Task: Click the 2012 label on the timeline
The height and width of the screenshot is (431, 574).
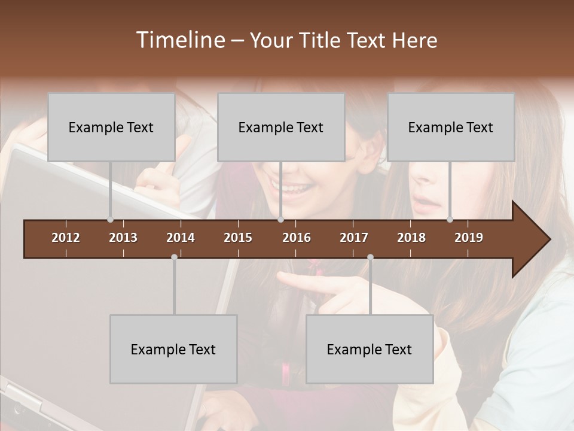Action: coord(66,238)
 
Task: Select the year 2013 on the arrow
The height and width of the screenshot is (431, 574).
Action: coord(123,238)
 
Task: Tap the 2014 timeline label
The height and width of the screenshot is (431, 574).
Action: coord(181,238)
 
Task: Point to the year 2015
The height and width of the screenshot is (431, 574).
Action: coord(238,238)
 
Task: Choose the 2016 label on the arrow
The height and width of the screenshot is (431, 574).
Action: coord(297,238)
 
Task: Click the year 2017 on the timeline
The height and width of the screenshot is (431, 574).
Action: coord(354,238)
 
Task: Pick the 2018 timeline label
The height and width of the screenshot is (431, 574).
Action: coord(411,238)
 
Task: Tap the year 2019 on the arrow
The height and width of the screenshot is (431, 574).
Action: coord(469,238)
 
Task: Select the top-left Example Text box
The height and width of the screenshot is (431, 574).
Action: coord(111,127)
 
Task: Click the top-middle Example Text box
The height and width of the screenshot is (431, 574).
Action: coord(281,127)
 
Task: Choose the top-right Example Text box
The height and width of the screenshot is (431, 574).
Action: coord(451,127)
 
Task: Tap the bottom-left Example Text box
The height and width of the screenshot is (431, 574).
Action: coord(173,349)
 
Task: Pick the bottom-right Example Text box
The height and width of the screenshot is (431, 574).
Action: coord(370,349)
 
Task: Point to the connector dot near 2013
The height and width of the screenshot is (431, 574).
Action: coord(111,220)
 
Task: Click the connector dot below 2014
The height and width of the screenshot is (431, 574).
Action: coord(174,257)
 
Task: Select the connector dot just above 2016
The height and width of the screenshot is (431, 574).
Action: coord(280,220)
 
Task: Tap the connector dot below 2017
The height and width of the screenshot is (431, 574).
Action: coord(370,257)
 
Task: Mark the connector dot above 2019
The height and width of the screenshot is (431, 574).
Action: coord(450,220)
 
